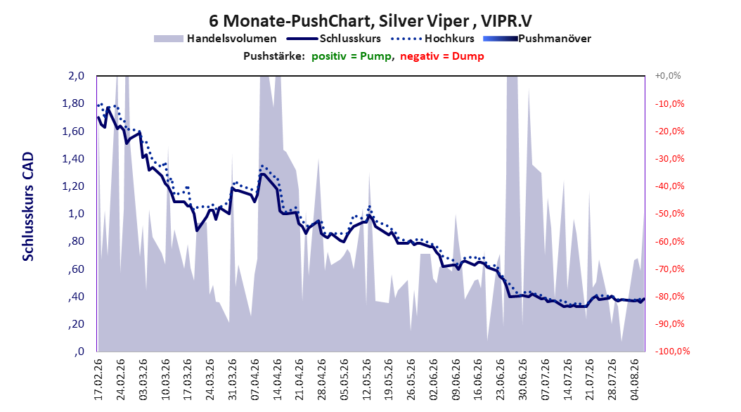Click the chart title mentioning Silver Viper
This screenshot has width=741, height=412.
[x=370, y=21]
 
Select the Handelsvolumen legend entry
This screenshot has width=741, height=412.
[x=215, y=39]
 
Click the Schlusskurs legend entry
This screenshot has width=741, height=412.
[x=334, y=39]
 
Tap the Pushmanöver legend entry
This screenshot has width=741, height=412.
[x=537, y=39]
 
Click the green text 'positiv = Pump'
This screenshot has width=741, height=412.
[x=351, y=56]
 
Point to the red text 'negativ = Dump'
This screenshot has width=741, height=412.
[x=442, y=56]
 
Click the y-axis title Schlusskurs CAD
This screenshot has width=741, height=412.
[x=28, y=207]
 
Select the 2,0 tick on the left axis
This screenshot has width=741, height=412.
[x=76, y=76]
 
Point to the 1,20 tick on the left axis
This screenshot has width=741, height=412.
[x=73, y=186]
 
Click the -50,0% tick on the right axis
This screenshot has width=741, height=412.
[x=669, y=214]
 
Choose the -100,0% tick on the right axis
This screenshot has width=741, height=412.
[x=672, y=352]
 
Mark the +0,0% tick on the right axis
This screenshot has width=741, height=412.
[x=668, y=76]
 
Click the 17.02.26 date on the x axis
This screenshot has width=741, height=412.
[x=98, y=380]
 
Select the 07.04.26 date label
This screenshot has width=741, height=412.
[x=255, y=380]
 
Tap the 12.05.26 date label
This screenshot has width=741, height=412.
[x=367, y=380]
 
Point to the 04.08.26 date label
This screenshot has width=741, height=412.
[x=635, y=380]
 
